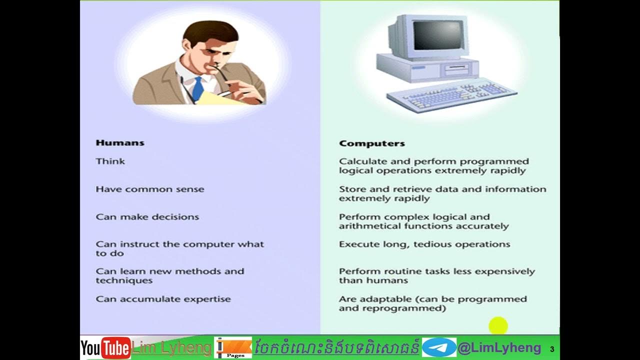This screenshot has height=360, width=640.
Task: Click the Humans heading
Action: coord(120,143)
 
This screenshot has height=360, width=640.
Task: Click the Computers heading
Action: coord(371,143)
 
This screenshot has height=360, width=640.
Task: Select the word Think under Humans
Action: coord(110,161)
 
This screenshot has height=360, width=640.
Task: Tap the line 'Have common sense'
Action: coord(150,189)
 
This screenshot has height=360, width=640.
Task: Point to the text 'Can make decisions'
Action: coord(147,217)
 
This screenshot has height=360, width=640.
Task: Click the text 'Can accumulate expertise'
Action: coord(163,299)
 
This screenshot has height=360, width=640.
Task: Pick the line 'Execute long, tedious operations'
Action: coord(424,244)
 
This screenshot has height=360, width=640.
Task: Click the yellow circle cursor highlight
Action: coord(498,326)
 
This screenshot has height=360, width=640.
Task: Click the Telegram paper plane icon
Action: coord(439,347)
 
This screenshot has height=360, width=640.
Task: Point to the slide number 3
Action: coord(552,349)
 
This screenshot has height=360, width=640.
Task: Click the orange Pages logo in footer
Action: coord(232,347)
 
